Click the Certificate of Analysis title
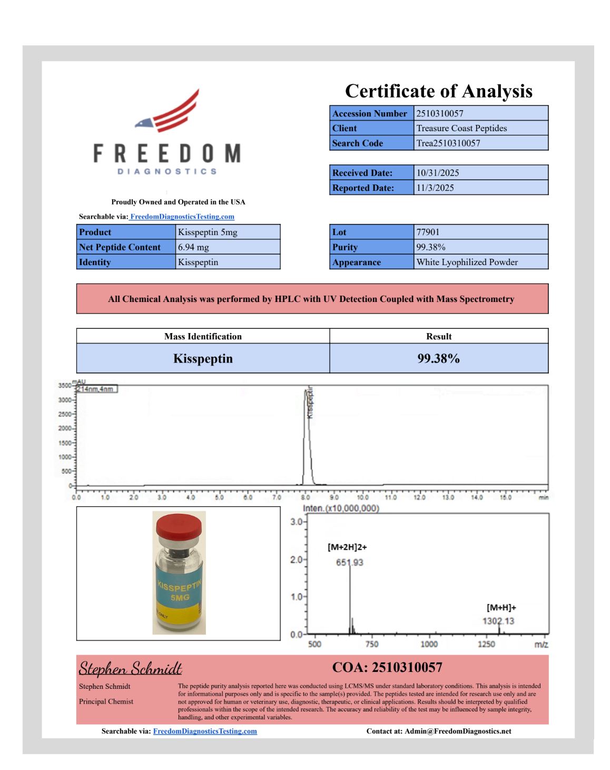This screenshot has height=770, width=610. click(x=438, y=91)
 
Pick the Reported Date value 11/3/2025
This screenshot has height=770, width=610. click(x=435, y=188)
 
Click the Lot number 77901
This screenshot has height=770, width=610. click(x=428, y=232)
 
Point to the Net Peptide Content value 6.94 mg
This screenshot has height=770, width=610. click(x=193, y=247)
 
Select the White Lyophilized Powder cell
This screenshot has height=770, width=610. click(x=467, y=262)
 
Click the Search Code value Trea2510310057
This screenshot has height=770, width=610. click(x=448, y=143)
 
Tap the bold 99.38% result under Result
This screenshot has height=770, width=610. click(x=438, y=358)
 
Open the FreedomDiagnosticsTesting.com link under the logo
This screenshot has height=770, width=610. click(x=182, y=217)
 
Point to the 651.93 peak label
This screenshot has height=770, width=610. click(x=349, y=562)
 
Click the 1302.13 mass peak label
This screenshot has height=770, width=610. click(x=498, y=621)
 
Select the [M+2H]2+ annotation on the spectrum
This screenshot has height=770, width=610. click(x=347, y=547)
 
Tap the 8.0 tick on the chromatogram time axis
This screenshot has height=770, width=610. click(x=305, y=497)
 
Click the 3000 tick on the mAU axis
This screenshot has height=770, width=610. click(x=64, y=400)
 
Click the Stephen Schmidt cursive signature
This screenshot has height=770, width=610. click(x=130, y=668)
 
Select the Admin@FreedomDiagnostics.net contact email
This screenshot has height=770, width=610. click(x=457, y=731)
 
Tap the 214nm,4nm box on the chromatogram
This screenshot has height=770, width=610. click(x=96, y=389)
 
